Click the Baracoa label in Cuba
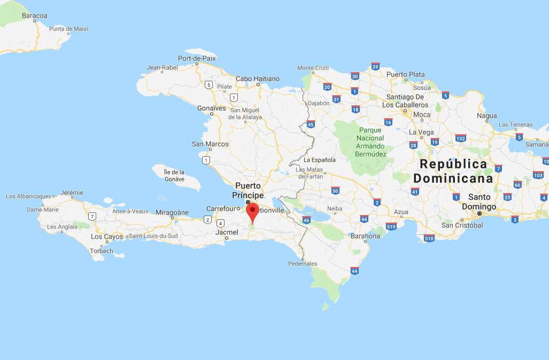35,16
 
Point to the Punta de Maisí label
68,28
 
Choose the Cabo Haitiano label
258,79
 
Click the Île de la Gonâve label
174,175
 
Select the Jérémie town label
72,193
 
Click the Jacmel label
227,232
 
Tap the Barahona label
365,236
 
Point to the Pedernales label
303,264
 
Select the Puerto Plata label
405,74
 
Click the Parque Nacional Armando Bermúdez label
370,142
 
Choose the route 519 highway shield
391,226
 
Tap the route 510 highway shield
428,238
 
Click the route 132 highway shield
460,138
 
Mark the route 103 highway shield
538,175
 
